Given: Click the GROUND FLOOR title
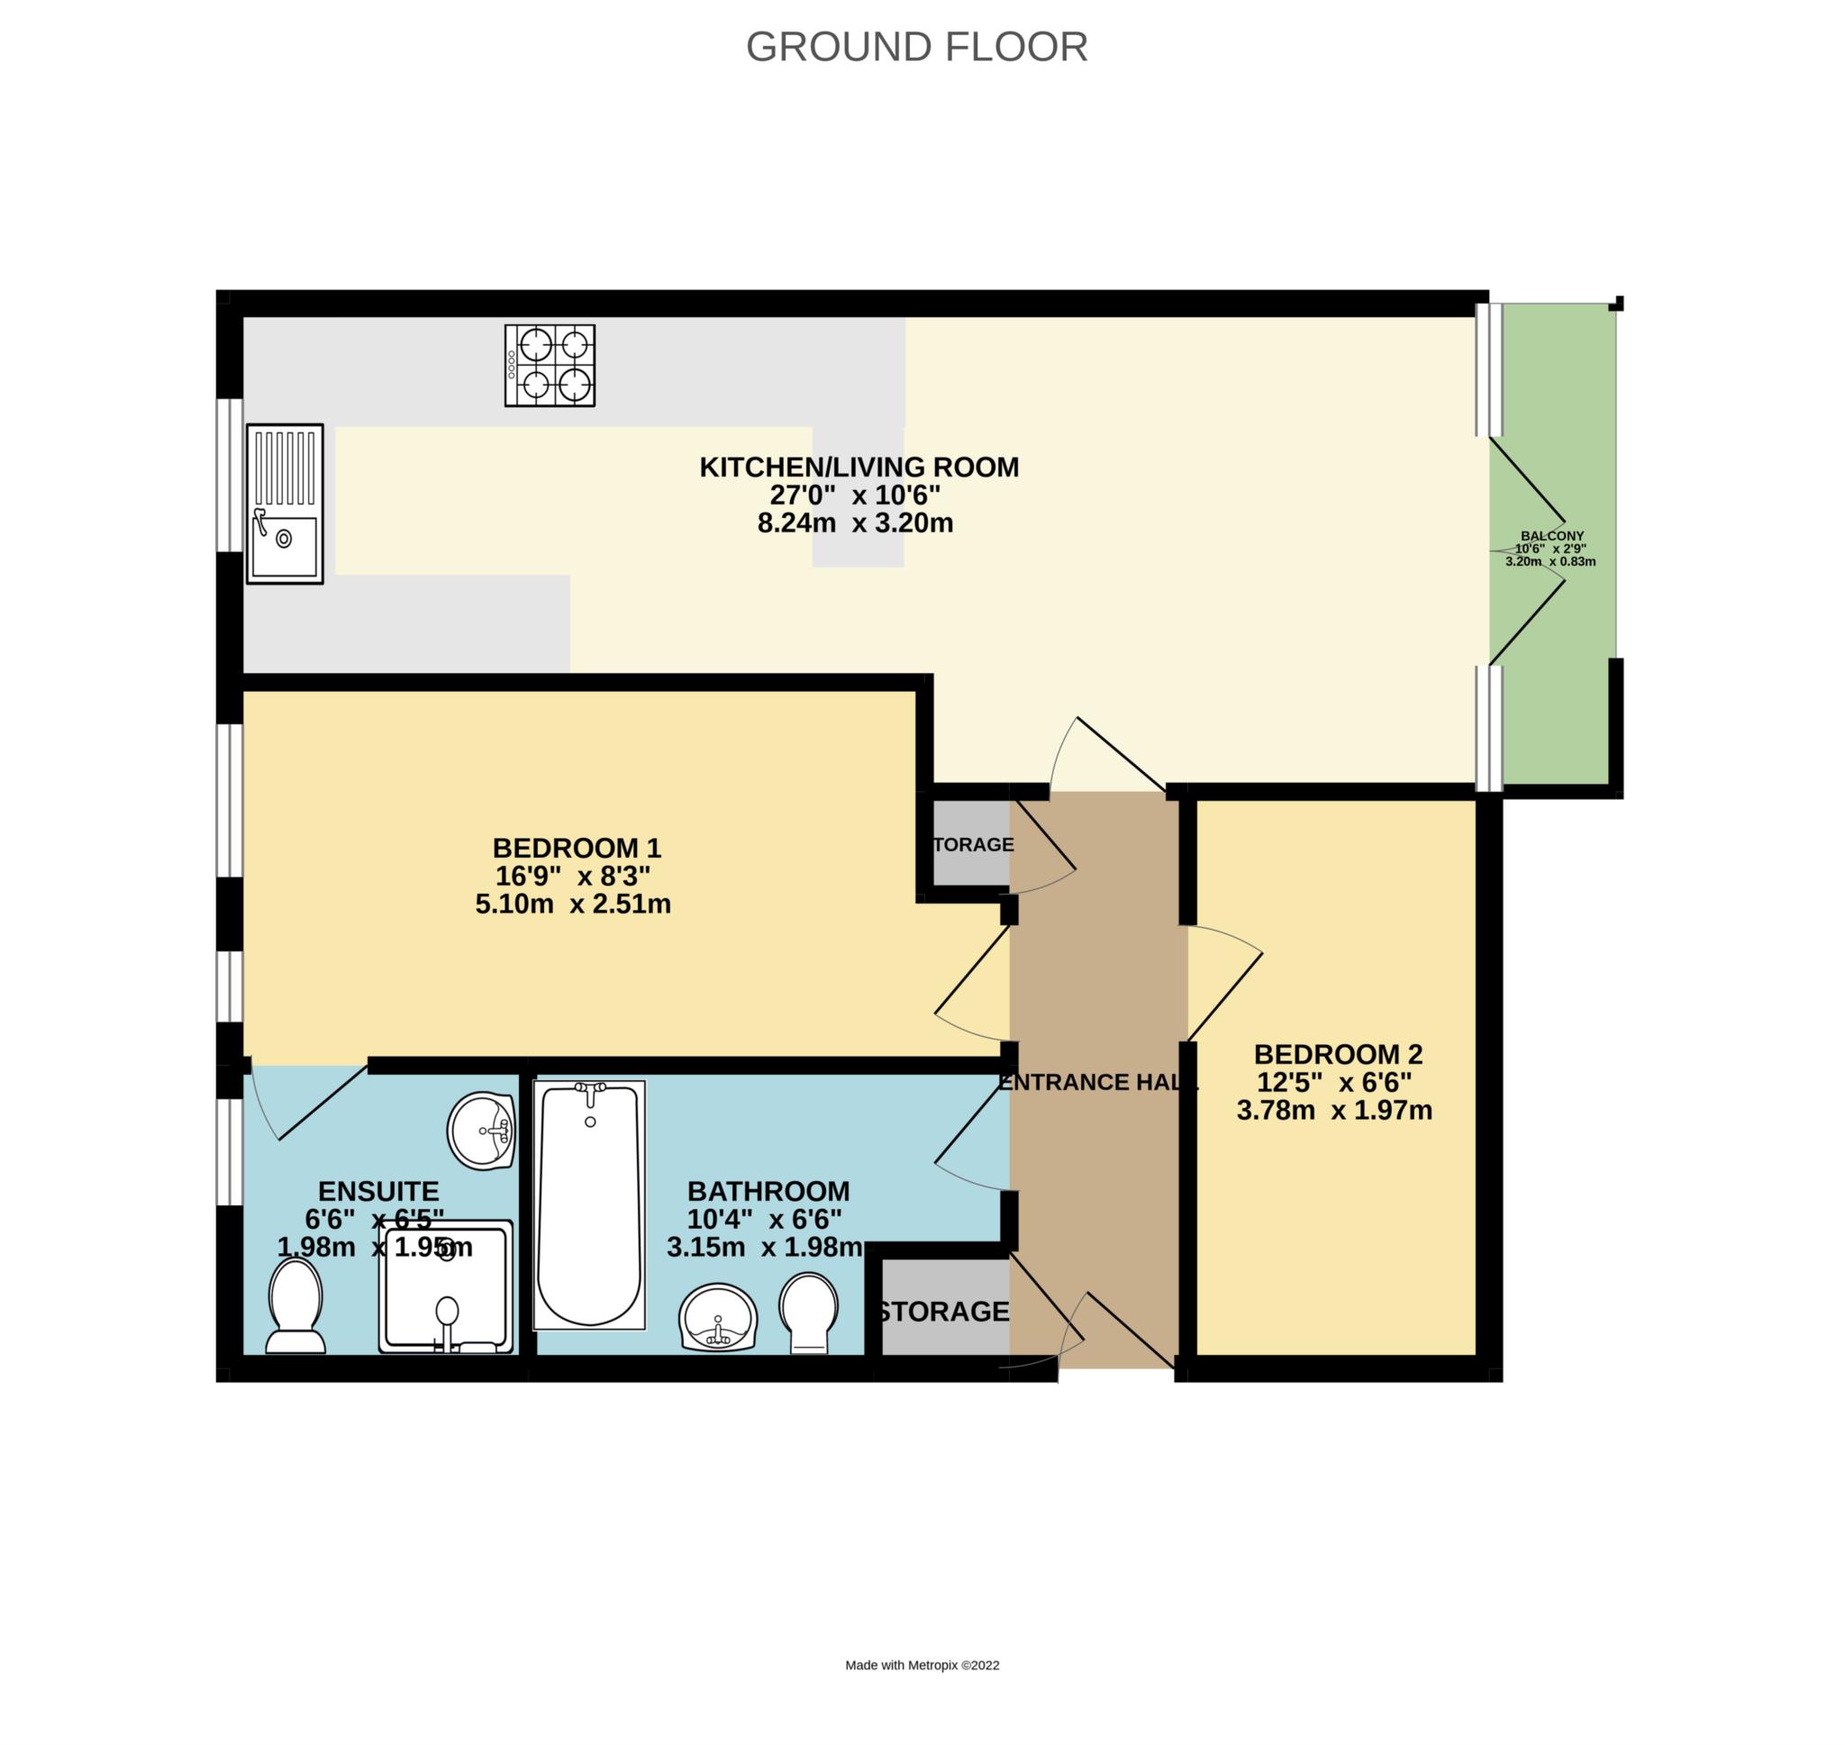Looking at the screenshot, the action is point(916,47).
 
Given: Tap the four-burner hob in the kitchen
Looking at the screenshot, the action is point(550,366).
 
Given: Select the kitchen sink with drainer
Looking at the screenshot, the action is point(285,504).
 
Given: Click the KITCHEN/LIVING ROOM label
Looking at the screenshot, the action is point(859,467).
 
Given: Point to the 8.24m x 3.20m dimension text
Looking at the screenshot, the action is point(855,523).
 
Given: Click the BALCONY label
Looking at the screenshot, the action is point(1552,536).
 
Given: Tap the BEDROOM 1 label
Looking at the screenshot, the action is point(577,848).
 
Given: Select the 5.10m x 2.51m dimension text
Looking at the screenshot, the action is point(573,904).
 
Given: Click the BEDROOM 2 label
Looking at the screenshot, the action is point(1338,1054).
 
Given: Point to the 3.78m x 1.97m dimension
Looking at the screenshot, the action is point(1334,1110).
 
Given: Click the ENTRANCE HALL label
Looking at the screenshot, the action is point(1098,1082).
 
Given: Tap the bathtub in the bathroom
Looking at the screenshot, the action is point(588,1204).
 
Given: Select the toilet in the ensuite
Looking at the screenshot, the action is point(295,1305).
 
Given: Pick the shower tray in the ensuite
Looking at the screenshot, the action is point(446,1286).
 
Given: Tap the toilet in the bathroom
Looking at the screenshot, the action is point(809,1313).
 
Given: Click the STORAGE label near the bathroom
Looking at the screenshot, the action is point(943,1312).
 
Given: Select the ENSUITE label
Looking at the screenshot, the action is point(378,1191).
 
